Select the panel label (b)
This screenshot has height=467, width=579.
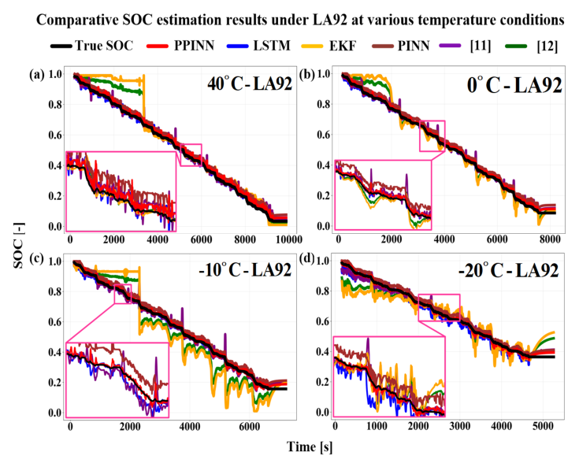click(x=304, y=76)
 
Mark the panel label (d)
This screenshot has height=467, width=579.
click(x=304, y=261)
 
